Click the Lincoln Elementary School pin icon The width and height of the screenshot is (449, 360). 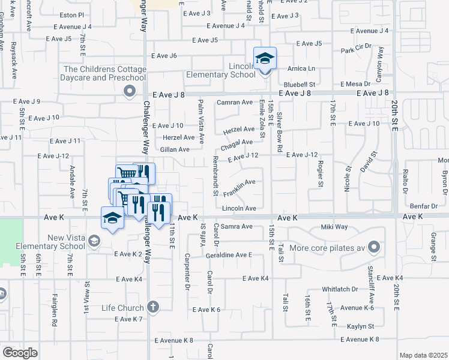(x=265, y=59)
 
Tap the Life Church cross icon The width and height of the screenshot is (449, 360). (x=153, y=307)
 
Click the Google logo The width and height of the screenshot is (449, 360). (x=19, y=352)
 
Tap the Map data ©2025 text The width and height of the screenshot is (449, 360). (x=423, y=355)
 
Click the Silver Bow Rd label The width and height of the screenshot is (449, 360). (x=280, y=132)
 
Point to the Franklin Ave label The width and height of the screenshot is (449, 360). (x=240, y=188)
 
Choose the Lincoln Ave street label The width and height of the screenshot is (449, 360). (x=239, y=208)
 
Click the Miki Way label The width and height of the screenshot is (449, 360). (x=334, y=227)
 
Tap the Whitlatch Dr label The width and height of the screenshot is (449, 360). (x=340, y=289)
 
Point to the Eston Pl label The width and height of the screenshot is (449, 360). (x=72, y=14)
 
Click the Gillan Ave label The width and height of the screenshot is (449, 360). (x=175, y=149)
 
